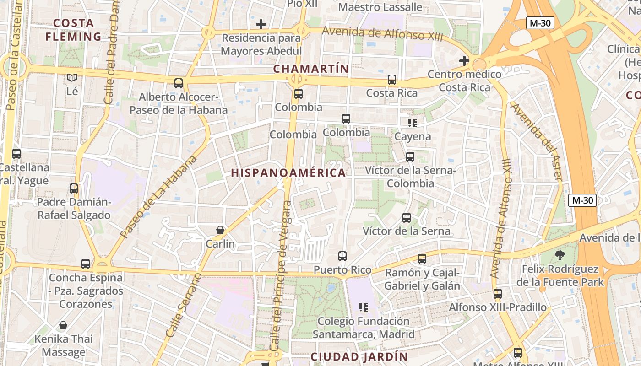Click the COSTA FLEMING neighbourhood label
click(x=73, y=30)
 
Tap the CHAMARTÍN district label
click(x=311, y=69)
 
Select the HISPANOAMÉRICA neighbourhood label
click(x=288, y=173)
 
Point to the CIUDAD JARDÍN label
click(x=359, y=357)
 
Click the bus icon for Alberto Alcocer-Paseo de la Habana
click(x=179, y=83)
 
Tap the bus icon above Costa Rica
click(x=392, y=80)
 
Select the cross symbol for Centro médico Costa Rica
click(x=464, y=60)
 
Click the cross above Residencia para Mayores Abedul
click(x=261, y=24)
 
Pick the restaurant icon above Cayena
click(x=413, y=123)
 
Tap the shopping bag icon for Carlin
click(x=220, y=230)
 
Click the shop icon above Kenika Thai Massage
click(x=63, y=325)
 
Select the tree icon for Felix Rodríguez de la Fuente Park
click(x=560, y=255)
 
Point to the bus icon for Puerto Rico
click(x=342, y=256)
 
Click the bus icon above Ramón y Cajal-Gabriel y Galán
click(x=422, y=259)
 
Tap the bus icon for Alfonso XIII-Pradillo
click(x=498, y=294)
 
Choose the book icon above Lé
click(x=72, y=78)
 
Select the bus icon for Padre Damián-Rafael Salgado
click(x=74, y=188)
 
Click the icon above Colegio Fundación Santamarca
click(x=364, y=307)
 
